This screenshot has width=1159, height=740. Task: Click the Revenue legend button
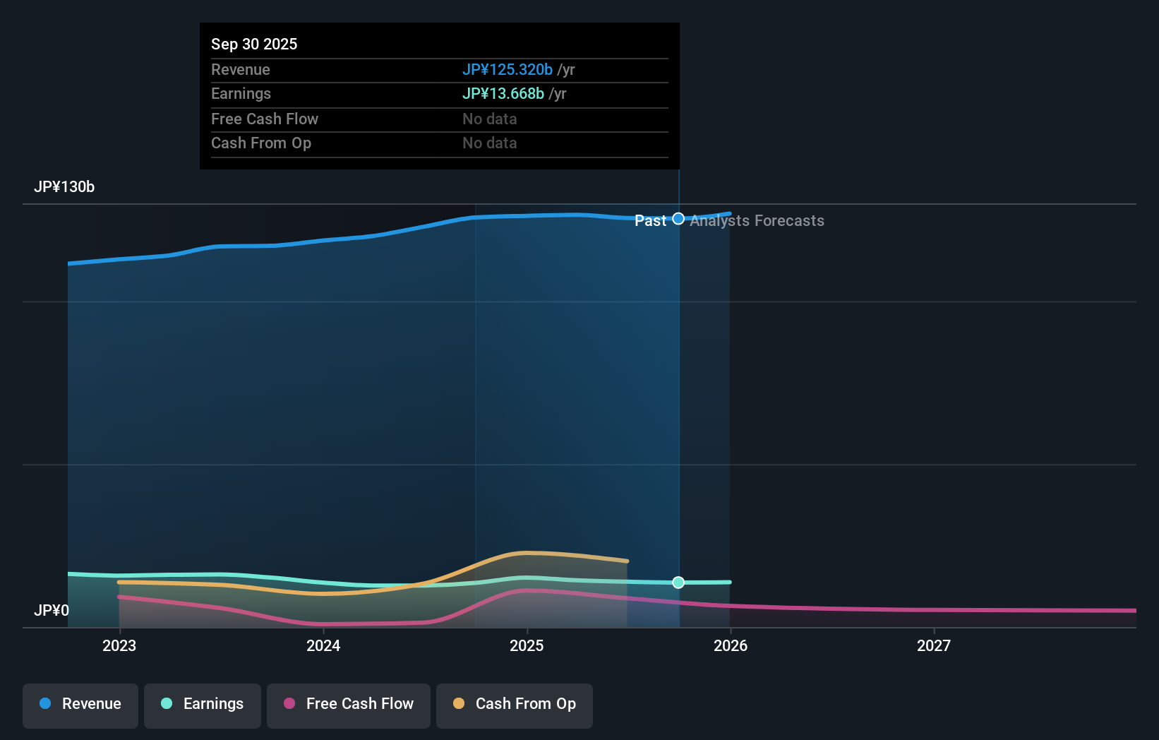click(80, 704)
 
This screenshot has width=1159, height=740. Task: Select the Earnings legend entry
click(203, 704)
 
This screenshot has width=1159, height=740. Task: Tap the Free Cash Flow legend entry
click(349, 704)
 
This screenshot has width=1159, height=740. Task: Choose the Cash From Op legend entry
click(515, 704)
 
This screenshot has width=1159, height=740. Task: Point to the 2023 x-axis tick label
click(119, 645)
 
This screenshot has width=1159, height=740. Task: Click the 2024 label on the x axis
click(323, 645)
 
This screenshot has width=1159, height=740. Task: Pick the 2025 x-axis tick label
click(527, 645)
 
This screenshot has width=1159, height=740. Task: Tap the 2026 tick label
click(731, 645)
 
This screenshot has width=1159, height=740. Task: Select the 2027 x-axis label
click(934, 645)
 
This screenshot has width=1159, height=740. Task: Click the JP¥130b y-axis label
click(64, 187)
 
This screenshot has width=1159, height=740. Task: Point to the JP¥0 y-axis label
click(52, 610)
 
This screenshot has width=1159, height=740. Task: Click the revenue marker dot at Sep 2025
click(678, 219)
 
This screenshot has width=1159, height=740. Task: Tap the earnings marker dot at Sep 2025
click(678, 583)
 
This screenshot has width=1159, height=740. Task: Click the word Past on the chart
click(650, 221)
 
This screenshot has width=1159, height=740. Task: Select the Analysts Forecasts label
click(757, 221)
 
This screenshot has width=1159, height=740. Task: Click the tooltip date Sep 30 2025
click(254, 44)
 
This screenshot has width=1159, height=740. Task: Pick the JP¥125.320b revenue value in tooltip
click(508, 69)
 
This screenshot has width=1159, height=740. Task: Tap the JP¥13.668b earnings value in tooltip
click(503, 94)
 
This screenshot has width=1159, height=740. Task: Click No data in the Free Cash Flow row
click(490, 119)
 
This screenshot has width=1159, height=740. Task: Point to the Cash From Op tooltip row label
click(261, 143)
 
